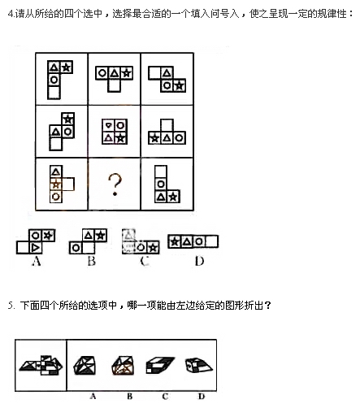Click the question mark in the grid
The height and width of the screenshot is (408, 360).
tap(115, 184)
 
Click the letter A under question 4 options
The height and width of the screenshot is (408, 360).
tap(37, 261)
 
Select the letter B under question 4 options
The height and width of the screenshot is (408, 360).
tap(92, 261)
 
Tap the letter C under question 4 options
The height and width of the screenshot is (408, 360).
tap(145, 261)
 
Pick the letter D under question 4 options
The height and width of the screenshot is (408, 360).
tap(199, 261)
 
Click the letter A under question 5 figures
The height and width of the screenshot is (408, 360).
tap(93, 397)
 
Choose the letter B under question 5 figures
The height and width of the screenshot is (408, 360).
tap(130, 397)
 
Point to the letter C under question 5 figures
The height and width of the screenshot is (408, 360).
tap(165, 397)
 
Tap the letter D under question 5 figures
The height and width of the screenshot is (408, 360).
tap(202, 397)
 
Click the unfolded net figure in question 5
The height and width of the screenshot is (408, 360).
tap(41, 365)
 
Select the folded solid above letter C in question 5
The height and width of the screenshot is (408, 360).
tap(160, 365)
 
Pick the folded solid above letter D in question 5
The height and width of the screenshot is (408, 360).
tap(198, 365)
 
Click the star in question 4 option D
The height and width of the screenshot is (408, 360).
tap(175, 241)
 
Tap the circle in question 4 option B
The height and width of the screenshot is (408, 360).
tap(76, 248)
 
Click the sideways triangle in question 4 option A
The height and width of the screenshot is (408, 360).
tap(35, 247)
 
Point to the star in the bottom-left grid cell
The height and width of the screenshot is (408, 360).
tap(56, 184)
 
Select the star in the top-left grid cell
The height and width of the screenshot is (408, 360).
tap(67, 67)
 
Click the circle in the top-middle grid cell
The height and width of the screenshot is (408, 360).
tap(102, 73)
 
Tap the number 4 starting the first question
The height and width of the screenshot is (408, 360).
tap(11, 14)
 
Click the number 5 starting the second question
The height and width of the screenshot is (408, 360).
tap(11, 306)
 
